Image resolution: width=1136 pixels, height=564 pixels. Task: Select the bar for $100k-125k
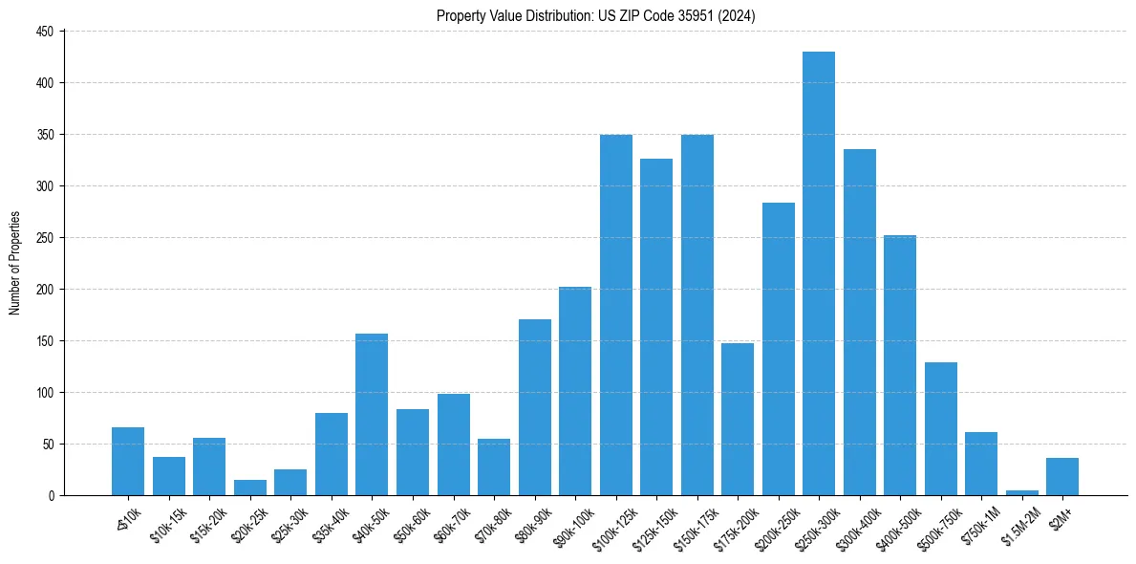(x=615, y=315)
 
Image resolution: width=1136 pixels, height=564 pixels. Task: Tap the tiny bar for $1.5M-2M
(x=1021, y=492)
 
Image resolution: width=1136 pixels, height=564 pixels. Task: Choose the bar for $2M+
(x=1061, y=477)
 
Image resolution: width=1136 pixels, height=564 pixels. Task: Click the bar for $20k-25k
(x=249, y=488)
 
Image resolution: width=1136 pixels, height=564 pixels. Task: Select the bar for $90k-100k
(x=574, y=391)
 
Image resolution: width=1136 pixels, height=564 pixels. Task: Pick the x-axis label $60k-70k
(x=449, y=523)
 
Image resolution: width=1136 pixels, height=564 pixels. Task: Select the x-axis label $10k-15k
(x=165, y=523)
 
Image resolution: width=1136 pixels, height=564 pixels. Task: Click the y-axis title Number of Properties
(x=14, y=263)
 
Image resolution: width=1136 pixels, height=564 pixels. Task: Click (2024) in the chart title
(x=739, y=15)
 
